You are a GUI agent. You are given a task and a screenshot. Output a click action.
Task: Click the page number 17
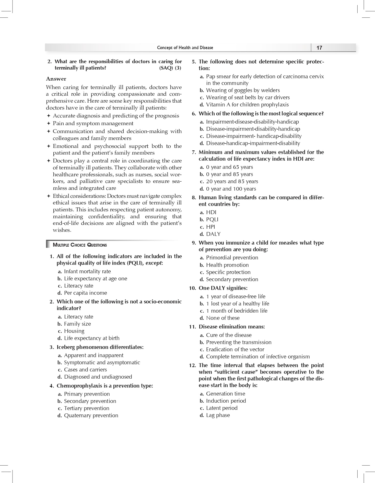coord(319,48)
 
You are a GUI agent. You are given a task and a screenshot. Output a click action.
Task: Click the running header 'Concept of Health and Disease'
coord(185,48)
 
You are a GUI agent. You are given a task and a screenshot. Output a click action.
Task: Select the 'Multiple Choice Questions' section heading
coord(80,245)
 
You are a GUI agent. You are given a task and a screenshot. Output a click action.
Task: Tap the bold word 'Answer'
coord(56,79)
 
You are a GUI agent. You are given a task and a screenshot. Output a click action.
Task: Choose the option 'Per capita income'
coord(85,293)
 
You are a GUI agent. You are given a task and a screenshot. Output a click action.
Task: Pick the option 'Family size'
coord(77,324)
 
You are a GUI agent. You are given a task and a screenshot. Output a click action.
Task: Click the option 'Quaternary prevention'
coord(91,415)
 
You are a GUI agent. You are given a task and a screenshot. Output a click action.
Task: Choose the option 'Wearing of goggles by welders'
coord(243,90)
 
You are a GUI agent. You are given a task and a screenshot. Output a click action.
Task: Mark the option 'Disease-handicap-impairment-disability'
coord(253,143)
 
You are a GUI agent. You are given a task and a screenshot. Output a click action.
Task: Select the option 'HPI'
coord(210,227)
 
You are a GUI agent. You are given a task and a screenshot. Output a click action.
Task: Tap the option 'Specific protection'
coord(228,272)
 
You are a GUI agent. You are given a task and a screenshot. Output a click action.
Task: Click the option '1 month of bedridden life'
coord(237,311)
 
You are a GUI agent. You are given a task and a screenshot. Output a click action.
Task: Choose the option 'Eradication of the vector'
coord(235,349)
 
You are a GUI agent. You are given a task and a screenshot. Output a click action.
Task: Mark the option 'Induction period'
coord(226,401)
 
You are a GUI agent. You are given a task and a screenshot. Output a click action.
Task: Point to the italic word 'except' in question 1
coord(154,263)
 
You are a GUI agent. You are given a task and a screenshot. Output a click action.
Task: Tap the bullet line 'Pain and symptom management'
coord(93,123)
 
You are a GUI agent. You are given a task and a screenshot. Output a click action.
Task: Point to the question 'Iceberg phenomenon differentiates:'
coord(100,347)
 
